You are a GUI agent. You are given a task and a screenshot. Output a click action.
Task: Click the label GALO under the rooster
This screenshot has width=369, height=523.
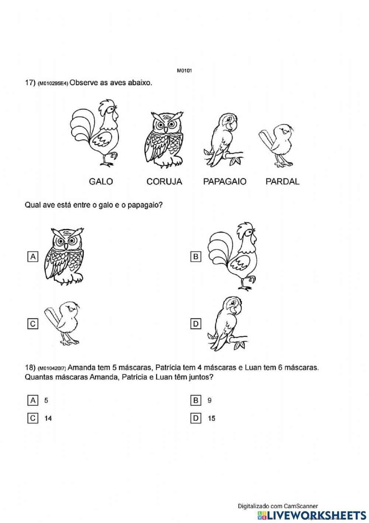[x=101, y=181]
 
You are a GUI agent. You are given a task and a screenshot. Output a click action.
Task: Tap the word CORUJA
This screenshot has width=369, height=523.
[x=164, y=181]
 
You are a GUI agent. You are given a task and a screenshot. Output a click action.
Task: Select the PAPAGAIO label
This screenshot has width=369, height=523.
[x=225, y=181]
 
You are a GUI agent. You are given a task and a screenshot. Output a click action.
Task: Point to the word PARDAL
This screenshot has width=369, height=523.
[x=282, y=181]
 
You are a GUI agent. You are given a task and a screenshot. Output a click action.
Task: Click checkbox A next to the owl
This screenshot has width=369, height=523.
[x=33, y=257]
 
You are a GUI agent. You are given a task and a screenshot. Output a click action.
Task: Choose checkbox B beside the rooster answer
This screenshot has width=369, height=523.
[x=196, y=257]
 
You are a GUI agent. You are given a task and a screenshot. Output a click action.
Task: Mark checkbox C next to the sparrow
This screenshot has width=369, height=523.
[x=33, y=324]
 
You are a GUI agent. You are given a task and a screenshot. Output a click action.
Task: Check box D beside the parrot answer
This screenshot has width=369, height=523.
[x=196, y=324]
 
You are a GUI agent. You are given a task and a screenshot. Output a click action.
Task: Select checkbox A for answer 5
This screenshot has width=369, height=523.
[x=33, y=400]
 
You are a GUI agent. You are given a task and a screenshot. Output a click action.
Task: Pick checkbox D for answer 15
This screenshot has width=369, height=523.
[x=196, y=418]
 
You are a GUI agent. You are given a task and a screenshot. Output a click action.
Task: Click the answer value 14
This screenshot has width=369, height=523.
[x=48, y=418]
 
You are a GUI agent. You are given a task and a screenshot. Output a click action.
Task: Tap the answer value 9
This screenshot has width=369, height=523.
[x=210, y=400]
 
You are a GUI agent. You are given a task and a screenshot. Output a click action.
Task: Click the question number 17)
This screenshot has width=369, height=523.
[x=30, y=83]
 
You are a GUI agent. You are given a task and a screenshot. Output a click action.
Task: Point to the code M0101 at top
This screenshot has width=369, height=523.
[x=184, y=70]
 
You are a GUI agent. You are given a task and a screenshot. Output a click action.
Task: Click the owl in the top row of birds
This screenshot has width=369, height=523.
[x=164, y=139]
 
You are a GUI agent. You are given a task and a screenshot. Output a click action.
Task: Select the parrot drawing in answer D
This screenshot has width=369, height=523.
[x=227, y=324]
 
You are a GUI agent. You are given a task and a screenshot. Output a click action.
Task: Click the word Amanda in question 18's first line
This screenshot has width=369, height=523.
[x=81, y=368]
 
